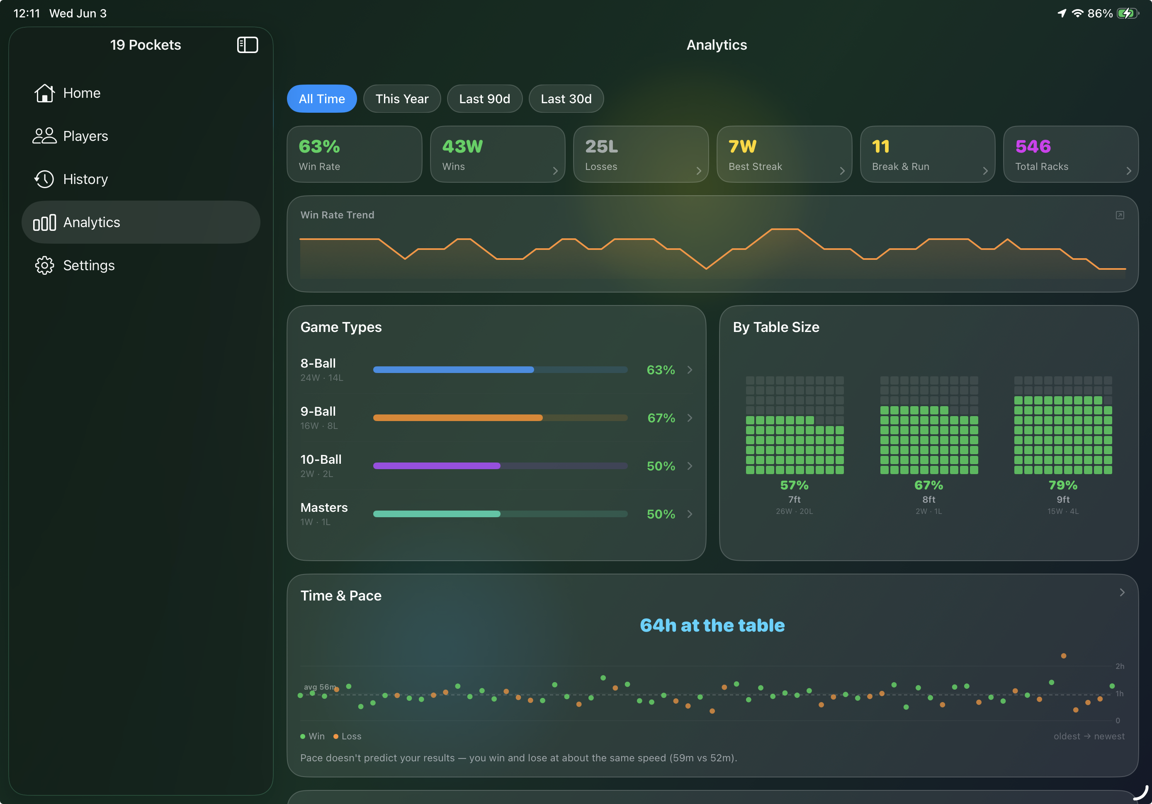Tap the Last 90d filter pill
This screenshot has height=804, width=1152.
[x=484, y=99]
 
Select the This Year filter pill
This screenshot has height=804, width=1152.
[x=402, y=99]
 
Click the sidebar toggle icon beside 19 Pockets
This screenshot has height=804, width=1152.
[x=247, y=45]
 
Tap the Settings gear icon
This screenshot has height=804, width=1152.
[x=44, y=265]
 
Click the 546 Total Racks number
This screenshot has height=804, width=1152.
[x=1033, y=146]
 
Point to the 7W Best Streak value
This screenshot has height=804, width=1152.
[x=742, y=146]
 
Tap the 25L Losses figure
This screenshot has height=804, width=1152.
[x=601, y=146]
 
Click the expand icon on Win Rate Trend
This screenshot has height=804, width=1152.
[x=1119, y=215]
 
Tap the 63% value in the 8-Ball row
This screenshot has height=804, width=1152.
[x=660, y=370]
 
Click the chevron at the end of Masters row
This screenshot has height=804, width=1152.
[x=690, y=514]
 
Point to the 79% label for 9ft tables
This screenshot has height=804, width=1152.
[x=1063, y=485]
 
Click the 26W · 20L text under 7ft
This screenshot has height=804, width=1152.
[x=794, y=511]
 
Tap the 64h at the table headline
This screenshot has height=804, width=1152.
[x=712, y=625]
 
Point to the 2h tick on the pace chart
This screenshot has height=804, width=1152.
[x=1119, y=666]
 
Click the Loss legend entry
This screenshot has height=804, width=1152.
[x=347, y=736]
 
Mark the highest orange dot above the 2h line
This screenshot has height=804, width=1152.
[x=1063, y=656]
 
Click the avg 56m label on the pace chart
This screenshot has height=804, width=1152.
[x=320, y=687]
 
